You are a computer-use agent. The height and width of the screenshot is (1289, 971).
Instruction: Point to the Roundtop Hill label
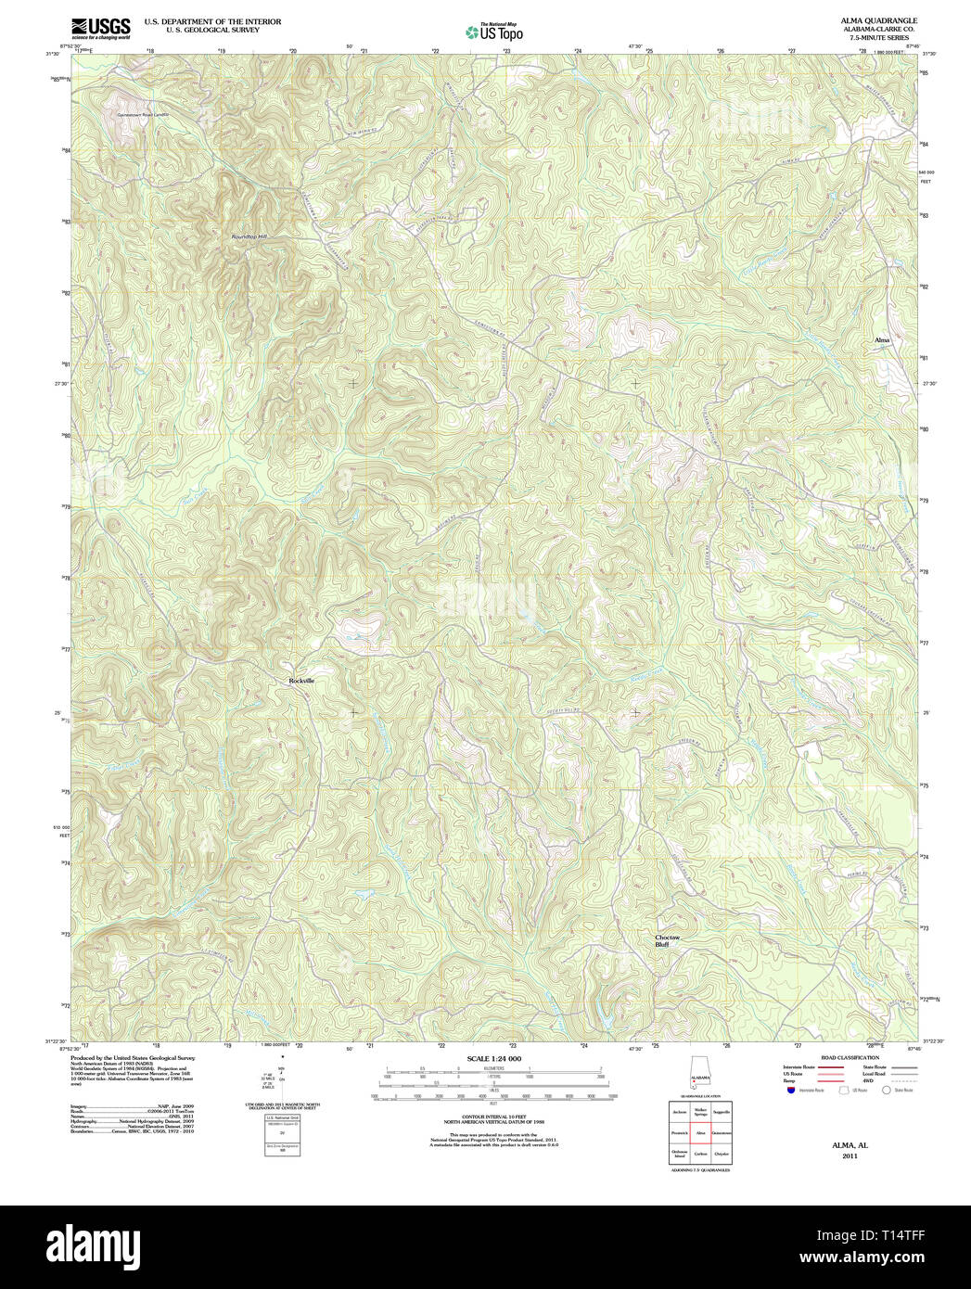(249, 237)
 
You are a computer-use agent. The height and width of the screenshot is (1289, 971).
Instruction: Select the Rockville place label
(301, 681)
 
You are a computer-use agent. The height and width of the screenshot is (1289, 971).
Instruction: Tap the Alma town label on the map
(881, 340)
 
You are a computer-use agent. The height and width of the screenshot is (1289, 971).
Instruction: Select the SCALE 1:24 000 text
(493, 1059)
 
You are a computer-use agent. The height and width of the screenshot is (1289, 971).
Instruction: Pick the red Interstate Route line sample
(830, 1067)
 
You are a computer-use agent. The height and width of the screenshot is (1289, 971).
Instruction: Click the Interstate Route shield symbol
(791, 1091)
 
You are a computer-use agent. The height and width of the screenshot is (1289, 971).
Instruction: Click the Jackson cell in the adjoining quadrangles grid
(679, 1111)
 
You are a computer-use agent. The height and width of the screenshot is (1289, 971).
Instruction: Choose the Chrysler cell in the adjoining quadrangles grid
(722, 1155)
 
